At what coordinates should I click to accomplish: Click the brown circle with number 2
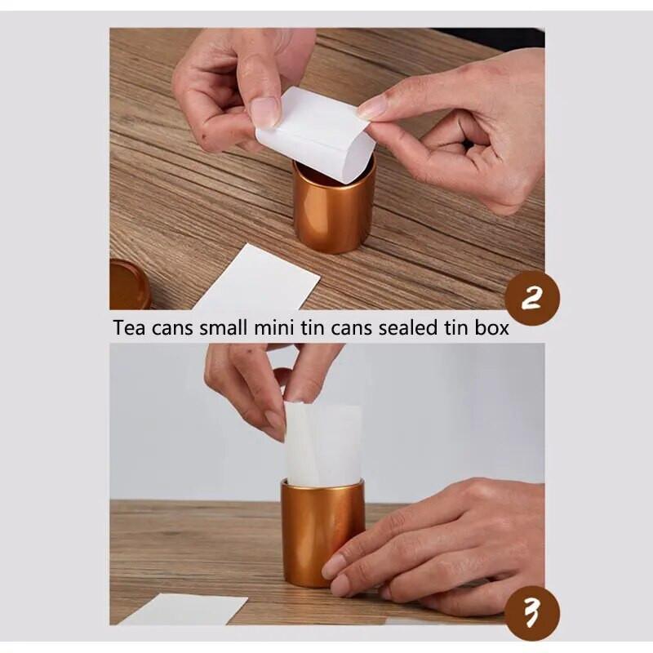pyautogui.click(x=532, y=298)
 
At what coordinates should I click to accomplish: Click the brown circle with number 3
pyautogui.click(x=532, y=614)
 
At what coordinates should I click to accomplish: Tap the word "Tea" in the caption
pyautogui.click(x=130, y=328)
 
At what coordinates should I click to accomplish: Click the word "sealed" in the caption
pyautogui.click(x=408, y=327)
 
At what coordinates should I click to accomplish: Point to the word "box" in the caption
pyautogui.click(x=491, y=327)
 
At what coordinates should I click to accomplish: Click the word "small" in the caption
pyautogui.click(x=223, y=327)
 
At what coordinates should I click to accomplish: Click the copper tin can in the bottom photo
pyautogui.click(x=322, y=533)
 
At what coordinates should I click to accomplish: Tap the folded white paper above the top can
pyautogui.click(x=315, y=133)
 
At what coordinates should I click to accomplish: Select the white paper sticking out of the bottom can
pyautogui.click(x=323, y=444)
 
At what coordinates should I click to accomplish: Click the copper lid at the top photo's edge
pyautogui.click(x=128, y=285)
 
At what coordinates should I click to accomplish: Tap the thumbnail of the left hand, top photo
pyautogui.click(x=265, y=112)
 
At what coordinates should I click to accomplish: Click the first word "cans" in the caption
pyautogui.click(x=172, y=329)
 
